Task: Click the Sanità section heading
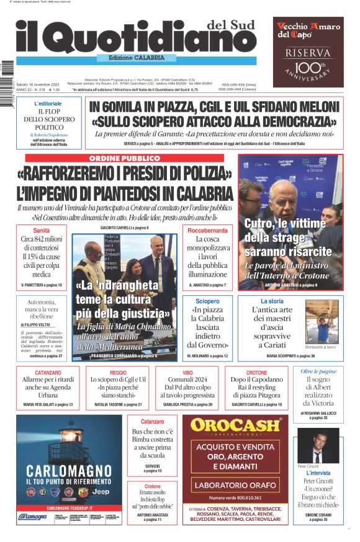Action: [42, 230]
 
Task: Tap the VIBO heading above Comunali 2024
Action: [187, 373]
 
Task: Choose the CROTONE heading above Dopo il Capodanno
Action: [256, 373]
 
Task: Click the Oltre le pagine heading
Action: [318, 371]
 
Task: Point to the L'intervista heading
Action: [318, 473]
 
